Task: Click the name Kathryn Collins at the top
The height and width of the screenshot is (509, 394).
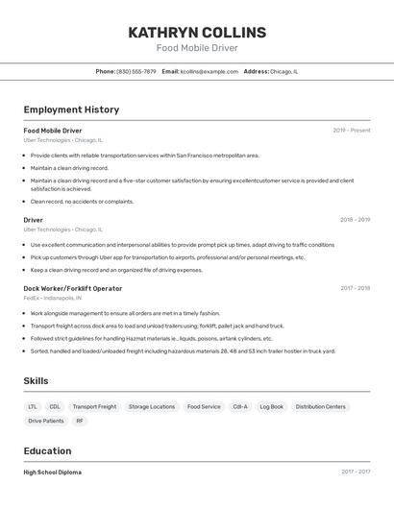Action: point(197,32)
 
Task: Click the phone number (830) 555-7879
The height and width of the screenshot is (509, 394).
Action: point(135,71)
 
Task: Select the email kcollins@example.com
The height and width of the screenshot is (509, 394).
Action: point(209,71)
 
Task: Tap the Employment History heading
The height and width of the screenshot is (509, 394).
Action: point(71,109)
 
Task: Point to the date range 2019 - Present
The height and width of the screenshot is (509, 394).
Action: point(352,131)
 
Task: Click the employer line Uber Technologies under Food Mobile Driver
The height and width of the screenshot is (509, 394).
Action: point(62,139)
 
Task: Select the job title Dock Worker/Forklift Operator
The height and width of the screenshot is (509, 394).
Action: point(73,288)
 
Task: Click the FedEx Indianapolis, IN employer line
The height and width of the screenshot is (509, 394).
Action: point(53,298)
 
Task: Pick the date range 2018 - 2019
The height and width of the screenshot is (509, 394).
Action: point(355,220)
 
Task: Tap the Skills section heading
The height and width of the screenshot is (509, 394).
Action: point(37,381)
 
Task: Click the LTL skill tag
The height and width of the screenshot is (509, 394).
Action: point(33,406)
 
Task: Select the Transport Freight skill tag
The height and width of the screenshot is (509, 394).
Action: point(94,406)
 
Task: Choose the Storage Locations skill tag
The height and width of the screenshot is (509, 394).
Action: point(152,406)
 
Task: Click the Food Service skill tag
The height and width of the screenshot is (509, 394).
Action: point(204,406)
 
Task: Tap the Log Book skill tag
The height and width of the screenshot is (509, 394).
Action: point(271,406)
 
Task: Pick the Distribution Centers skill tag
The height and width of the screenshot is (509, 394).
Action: point(320,406)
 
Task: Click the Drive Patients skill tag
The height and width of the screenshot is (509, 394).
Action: point(46,421)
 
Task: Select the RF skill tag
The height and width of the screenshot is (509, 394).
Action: point(80,421)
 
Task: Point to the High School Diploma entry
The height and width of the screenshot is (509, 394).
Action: point(53,473)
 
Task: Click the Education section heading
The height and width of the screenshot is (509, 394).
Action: point(47,451)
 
